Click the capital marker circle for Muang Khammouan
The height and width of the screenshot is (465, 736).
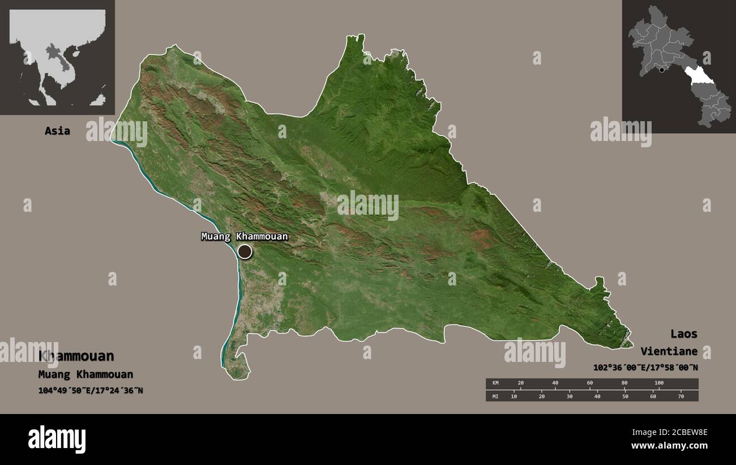coord(245,251)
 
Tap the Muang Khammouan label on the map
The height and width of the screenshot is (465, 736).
coord(245,236)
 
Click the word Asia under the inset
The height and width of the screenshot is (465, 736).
coord(57,131)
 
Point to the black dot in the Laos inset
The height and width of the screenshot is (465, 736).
coord(661,70)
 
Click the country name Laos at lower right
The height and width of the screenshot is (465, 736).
coord(684,334)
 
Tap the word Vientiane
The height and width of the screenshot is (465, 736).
coord(669,351)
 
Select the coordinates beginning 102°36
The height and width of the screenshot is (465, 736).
coord(645,368)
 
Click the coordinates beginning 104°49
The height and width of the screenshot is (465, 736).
coord(91,390)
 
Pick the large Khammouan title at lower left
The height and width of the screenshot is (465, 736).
coord(76,356)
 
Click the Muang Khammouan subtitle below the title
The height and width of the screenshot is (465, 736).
coord(85,374)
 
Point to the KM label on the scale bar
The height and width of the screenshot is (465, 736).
coord(495,383)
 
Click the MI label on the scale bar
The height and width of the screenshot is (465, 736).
coord(495,396)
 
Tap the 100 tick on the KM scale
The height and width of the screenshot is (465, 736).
coord(658,383)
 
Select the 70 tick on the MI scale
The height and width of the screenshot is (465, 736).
coord(681,396)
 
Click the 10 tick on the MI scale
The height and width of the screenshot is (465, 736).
coord(514,396)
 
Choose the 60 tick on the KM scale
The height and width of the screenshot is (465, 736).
coord(589,383)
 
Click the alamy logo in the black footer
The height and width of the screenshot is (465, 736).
coord(57,439)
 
